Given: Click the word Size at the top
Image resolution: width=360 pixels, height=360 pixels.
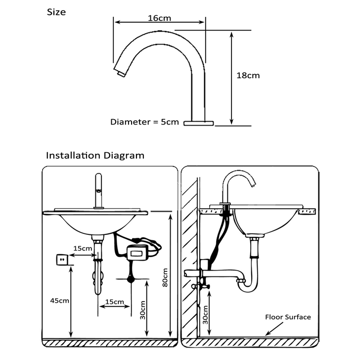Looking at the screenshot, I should click(x=56, y=12).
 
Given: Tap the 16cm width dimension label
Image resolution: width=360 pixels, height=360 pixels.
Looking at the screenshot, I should click(x=159, y=18).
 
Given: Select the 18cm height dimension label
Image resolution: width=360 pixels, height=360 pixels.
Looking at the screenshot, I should click(x=248, y=76).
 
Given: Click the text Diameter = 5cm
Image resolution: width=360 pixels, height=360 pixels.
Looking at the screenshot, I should click(x=144, y=122).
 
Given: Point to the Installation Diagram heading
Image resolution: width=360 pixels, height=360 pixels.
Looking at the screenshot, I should click(x=95, y=155).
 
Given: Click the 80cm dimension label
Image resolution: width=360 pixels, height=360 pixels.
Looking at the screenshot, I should click(x=165, y=277).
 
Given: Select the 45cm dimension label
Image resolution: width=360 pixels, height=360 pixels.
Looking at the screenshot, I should click(x=59, y=300).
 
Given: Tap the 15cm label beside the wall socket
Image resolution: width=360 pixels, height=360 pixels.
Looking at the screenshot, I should click(x=82, y=248).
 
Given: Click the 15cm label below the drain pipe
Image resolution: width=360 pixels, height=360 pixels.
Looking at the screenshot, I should click(x=114, y=301).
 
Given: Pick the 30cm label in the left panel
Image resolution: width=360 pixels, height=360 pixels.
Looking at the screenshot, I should click(x=143, y=311).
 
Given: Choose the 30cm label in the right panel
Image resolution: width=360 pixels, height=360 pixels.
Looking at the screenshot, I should click(x=206, y=314).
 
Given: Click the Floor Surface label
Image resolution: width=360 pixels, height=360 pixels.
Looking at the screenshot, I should click(x=288, y=317).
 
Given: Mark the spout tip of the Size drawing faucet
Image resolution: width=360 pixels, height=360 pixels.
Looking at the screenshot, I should click(x=119, y=73).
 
